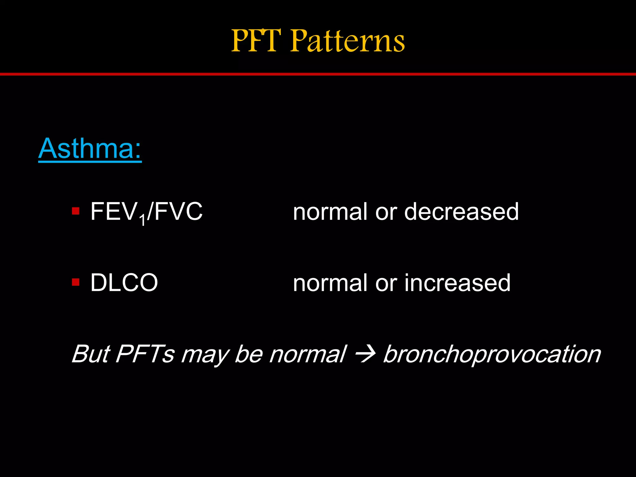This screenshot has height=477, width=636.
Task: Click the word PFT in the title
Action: (x=257, y=40)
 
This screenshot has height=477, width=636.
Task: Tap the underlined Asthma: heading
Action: (x=90, y=148)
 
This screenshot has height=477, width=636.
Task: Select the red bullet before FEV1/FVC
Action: (x=76, y=211)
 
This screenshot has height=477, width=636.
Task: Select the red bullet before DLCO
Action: (x=76, y=282)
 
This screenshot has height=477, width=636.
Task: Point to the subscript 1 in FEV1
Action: (x=142, y=221)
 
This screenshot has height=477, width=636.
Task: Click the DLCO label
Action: (x=124, y=283)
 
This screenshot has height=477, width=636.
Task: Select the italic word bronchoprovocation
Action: (x=492, y=354)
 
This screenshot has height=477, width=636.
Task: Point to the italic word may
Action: (x=205, y=356)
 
